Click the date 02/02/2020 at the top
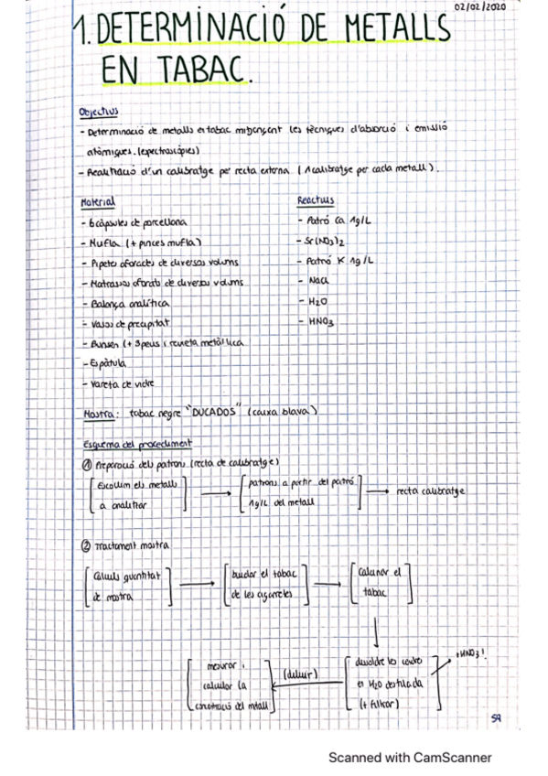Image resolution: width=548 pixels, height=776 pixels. coord(479,7)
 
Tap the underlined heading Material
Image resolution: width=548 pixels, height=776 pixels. coord(98,200)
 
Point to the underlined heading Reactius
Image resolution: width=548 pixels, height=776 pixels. coord(316,200)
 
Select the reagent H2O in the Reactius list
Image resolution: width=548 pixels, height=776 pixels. coord(316,301)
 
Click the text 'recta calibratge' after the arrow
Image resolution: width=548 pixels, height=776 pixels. coord(430,491)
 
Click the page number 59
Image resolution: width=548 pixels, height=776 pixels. coord(495,719)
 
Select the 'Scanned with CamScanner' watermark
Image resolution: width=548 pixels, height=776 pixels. coord(410,758)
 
